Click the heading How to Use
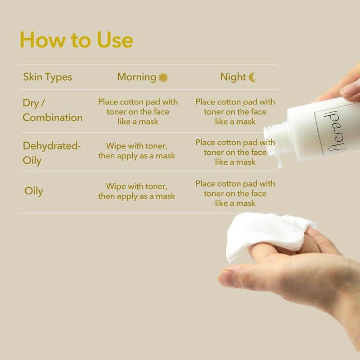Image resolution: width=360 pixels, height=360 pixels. (76, 40)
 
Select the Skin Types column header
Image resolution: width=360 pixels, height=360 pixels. (48, 77)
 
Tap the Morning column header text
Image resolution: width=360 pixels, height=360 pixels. (137, 77)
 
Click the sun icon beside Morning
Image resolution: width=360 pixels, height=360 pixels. (163, 77)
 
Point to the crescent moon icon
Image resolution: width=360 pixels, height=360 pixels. (252, 77)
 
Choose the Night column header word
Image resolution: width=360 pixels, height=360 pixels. (233, 77)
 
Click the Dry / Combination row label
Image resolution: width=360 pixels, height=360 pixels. (53, 110)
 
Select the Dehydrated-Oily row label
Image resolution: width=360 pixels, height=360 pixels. (52, 153)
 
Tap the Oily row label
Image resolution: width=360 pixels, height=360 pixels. (34, 191)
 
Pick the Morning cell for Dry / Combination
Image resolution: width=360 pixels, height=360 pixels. (138, 112)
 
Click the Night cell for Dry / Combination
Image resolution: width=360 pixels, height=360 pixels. (235, 112)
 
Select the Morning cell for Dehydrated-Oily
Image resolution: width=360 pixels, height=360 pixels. (137, 151)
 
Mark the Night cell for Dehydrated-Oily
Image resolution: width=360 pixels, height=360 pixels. (235, 152)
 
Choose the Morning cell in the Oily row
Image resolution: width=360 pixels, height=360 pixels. (137, 191)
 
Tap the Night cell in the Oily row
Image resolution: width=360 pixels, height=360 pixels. (235, 193)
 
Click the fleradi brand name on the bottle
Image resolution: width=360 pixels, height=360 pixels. (333, 131)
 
